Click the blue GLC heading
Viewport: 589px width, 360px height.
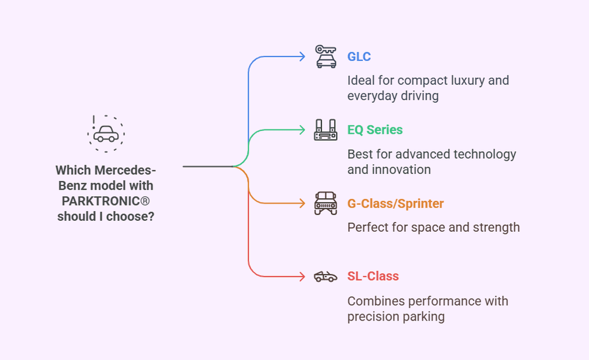pyautogui.click(x=359, y=56)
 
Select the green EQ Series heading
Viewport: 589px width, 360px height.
pyautogui.click(x=375, y=130)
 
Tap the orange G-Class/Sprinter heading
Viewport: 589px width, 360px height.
pyautogui.click(x=395, y=204)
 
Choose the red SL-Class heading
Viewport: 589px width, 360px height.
pyautogui.click(x=373, y=276)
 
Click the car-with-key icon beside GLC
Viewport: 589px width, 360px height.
pyautogui.click(x=326, y=57)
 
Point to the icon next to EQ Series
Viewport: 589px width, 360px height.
pyautogui.click(x=326, y=130)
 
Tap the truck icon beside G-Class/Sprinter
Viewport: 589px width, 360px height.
pyautogui.click(x=326, y=204)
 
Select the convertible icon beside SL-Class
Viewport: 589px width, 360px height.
pyautogui.click(x=326, y=277)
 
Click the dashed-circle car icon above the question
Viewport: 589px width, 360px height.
pyautogui.click(x=106, y=134)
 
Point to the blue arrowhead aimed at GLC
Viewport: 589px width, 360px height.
pyautogui.click(x=302, y=56)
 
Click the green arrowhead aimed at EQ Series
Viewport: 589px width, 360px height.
pyautogui.click(x=302, y=130)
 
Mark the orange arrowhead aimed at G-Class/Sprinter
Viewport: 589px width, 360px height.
pyautogui.click(x=302, y=204)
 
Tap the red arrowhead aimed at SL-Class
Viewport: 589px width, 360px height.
pyautogui.click(x=302, y=277)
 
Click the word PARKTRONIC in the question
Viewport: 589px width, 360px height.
pyautogui.click(x=101, y=200)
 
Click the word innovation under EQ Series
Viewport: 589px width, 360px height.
pyautogui.click(x=389, y=169)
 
